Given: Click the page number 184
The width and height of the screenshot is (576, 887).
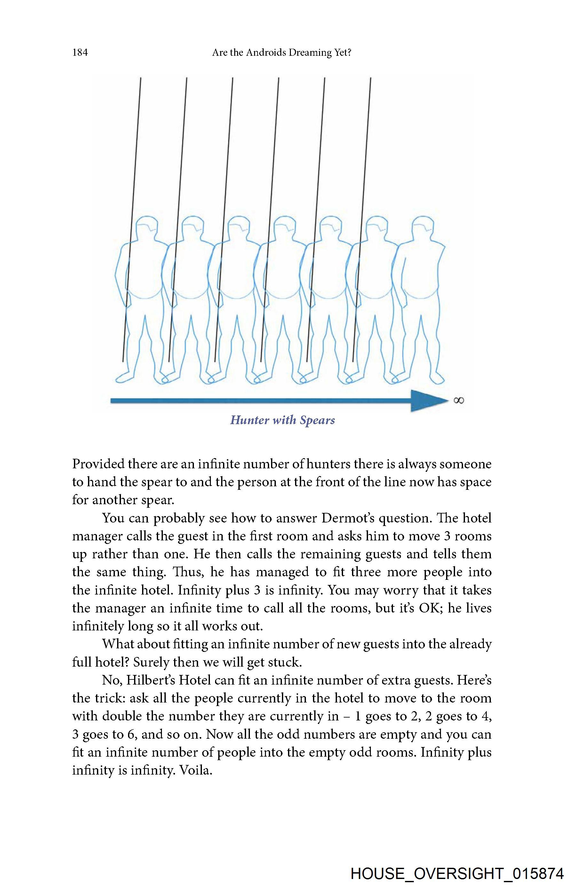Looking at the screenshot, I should click(80, 52).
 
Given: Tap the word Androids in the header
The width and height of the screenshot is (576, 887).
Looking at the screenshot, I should click(265, 53).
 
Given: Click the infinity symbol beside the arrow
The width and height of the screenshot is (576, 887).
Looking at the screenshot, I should click(459, 400).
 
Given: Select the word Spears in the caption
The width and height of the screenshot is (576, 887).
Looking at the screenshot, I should click(317, 420).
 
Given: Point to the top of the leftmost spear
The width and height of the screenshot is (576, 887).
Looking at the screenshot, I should click(140, 78).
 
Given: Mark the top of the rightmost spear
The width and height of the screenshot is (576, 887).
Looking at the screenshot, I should click(370, 78).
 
